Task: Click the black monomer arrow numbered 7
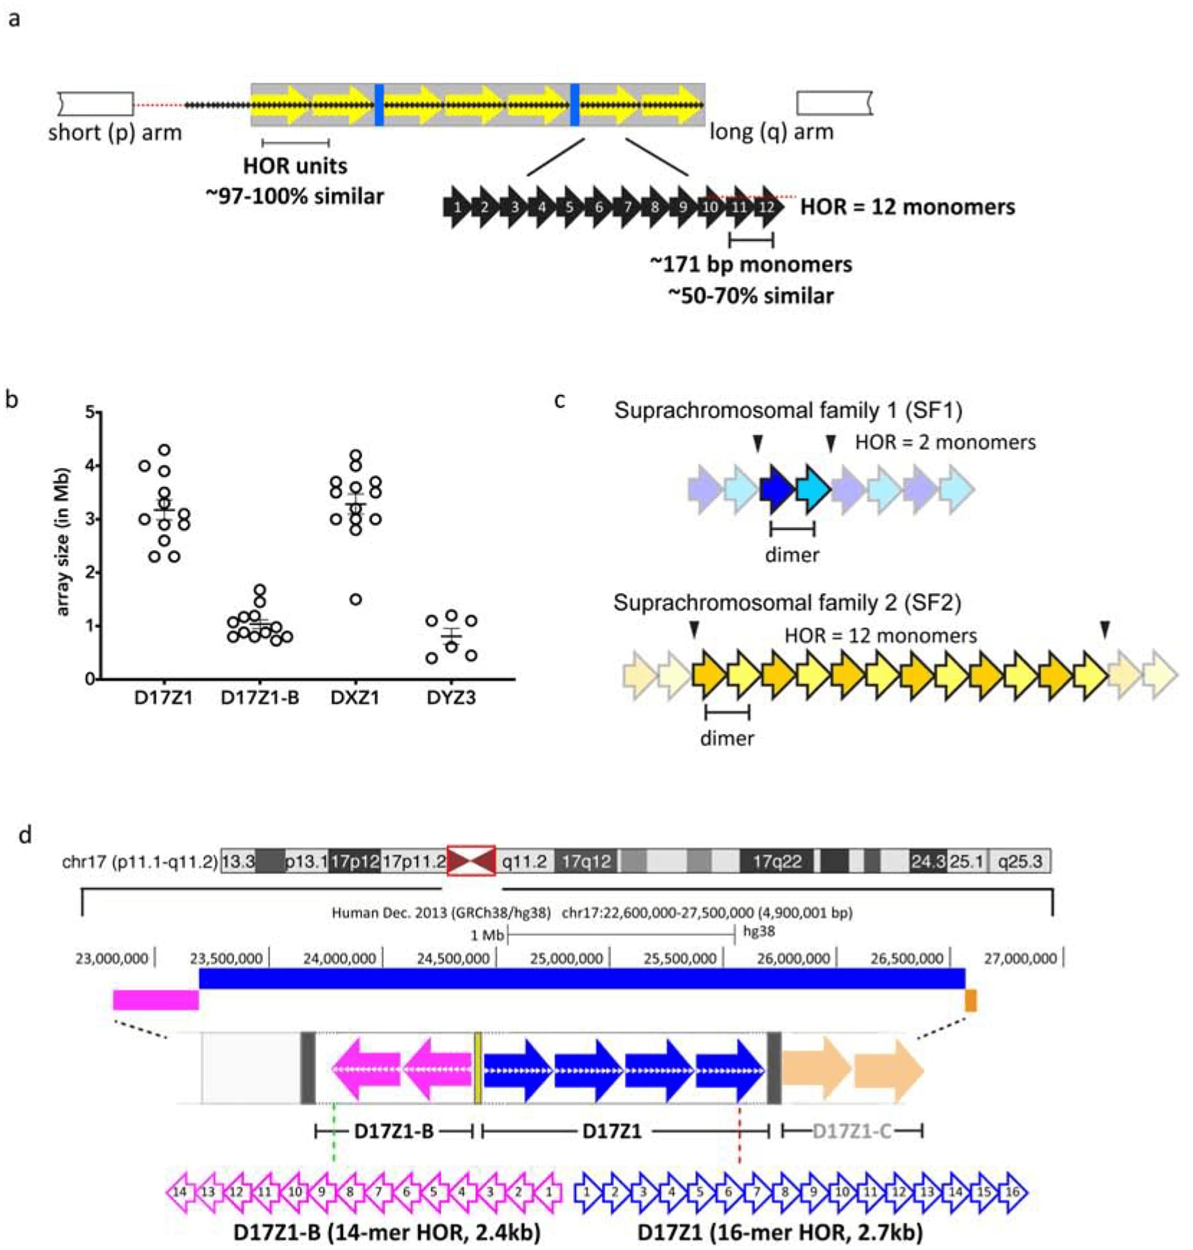[627, 207]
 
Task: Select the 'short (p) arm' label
[115, 133]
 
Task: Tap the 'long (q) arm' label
[772, 132]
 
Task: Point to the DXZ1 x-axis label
[355, 697]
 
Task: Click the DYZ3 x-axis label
[451, 697]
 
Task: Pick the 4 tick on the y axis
[90, 465]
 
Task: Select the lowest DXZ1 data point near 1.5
[355, 599]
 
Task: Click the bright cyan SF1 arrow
[813, 490]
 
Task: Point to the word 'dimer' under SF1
[792, 554]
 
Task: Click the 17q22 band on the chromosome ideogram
[777, 862]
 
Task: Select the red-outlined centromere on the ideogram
[471, 860]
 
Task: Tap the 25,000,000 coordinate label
[566, 958]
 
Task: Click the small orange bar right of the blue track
[970, 1000]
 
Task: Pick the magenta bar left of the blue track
[156, 1000]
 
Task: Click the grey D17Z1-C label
[852, 1131]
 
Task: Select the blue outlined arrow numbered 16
[1013, 1192]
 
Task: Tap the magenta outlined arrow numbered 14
[180, 1192]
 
